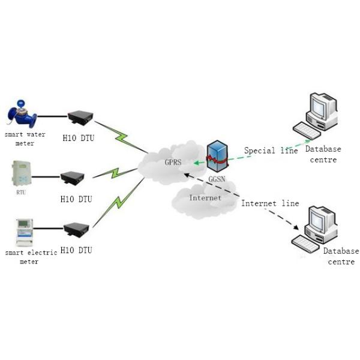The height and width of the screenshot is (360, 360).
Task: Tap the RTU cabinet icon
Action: (20, 174)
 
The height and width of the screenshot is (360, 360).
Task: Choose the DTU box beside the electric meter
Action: (77, 229)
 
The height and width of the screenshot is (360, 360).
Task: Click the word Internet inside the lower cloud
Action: (205, 197)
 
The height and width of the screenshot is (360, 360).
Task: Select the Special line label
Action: (270, 151)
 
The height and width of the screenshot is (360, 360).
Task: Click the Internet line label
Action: (270, 203)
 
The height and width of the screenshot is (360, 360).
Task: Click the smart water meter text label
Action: (25, 139)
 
